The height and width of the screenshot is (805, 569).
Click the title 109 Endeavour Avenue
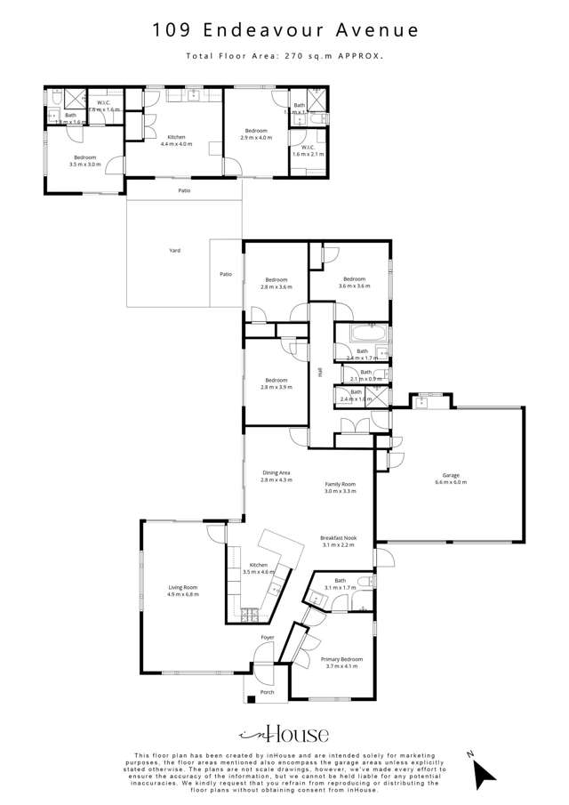284,30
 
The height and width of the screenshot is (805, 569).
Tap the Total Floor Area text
284,55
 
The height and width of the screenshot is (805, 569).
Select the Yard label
175,251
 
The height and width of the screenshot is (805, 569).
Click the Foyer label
267,638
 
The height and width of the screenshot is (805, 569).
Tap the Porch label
267,692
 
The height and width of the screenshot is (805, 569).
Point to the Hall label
320,374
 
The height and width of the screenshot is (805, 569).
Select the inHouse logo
284,734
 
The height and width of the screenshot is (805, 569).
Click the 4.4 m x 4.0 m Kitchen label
176,141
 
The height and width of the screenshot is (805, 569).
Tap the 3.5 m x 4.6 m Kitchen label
259,568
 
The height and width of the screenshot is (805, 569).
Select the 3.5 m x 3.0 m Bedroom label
85,161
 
